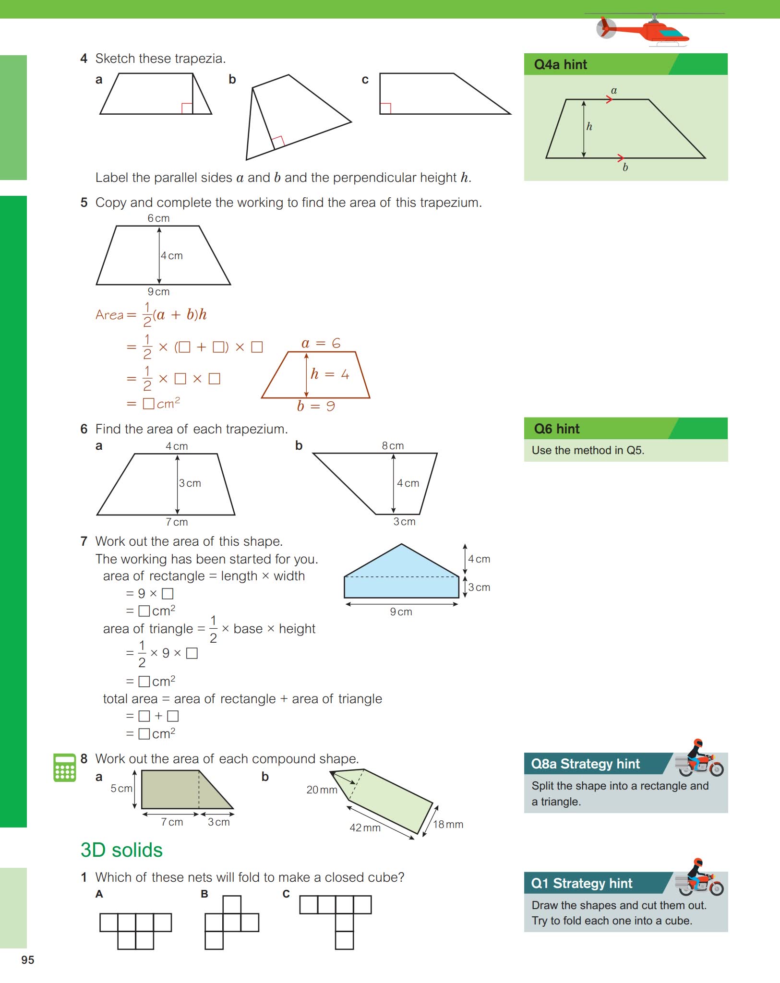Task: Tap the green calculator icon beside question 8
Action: click(64, 767)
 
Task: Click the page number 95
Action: click(28, 959)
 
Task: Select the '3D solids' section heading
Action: click(121, 850)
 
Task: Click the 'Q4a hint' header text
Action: click(560, 64)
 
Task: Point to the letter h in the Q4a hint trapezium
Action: click(589, 127)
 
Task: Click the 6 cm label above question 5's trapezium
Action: click(158, 218)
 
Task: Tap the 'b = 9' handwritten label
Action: click(316, 407)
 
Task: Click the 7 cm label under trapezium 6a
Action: click(177, 522)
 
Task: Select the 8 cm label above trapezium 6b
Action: click(393, 446)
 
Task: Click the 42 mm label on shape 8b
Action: click(365, 828)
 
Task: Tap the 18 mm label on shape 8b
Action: click(448, 825)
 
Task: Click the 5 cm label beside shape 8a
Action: click(121, 789)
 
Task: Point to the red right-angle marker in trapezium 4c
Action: click(385, 108)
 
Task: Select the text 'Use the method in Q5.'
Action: click(588, 450)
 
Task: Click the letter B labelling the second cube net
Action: click(204, 894)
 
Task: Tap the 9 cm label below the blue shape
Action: click(401, 612)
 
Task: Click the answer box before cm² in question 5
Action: click(148, 404)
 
